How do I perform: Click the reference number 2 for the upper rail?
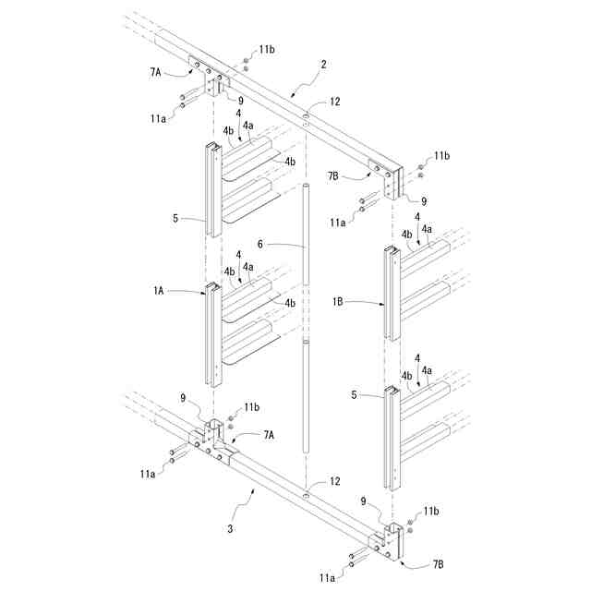coord(322,65)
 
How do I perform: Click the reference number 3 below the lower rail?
coord(231,528)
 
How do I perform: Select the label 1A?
coord(158,290)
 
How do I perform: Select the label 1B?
coord(338,301)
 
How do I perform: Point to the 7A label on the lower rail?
coord(270,433)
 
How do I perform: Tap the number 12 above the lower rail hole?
coord(335,482)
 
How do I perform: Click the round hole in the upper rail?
coord(306,118)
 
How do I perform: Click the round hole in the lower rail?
coord(306,495)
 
